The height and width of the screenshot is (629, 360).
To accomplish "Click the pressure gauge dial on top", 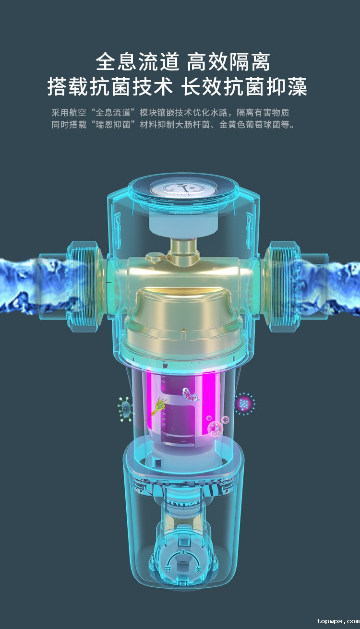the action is click(183, 188).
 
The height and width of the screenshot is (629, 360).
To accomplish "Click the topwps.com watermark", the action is click(337, 621).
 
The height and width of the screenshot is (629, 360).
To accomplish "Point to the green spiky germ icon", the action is click(125, 409).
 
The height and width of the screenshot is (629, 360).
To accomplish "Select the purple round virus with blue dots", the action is click(244, 404).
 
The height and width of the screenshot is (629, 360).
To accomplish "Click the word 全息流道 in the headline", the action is click(137, 61).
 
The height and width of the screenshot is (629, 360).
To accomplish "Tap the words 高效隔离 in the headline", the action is click(228, 61).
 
